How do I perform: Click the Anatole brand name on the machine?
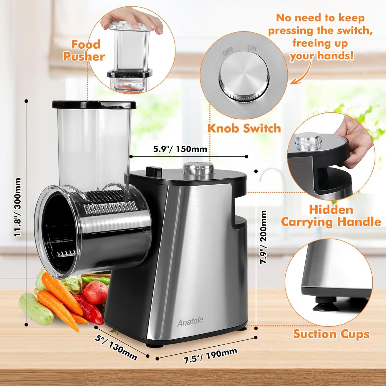[190, 322]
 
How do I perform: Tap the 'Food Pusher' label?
[85, 50]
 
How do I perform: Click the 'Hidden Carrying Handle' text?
[331, 216]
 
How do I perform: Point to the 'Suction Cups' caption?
[331, 334]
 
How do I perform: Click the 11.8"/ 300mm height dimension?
[17, 207]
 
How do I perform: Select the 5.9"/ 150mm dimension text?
[180, 149]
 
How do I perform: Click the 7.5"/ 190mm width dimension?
[210, 356]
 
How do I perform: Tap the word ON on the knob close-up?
[252, 48]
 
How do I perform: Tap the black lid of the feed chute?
[94, 104]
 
